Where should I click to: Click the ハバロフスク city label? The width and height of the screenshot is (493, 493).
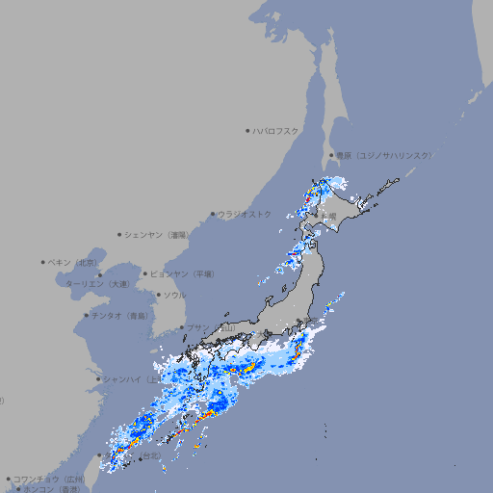pos(275,130)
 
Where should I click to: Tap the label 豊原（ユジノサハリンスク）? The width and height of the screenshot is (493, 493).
pos(383,155)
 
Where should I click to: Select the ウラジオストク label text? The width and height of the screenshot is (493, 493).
pos(245,214)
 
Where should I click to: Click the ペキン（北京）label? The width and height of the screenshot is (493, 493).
pos(73,262)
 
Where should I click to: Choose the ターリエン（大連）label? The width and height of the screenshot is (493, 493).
pos(96,284)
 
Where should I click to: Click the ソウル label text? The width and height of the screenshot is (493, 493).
pos(174,295)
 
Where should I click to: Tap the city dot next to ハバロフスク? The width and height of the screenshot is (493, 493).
pos(247,130)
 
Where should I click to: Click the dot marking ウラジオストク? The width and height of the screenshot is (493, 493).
pos(213,214)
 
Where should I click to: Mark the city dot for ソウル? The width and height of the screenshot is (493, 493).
pos(158,295)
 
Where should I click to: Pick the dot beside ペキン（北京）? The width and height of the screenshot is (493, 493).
pos(43,262)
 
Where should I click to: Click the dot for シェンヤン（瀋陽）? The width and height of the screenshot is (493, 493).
pos(119,234)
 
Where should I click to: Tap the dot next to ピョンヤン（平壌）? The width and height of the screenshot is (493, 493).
pos(146,273)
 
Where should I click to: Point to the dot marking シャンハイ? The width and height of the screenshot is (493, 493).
pos(98,378)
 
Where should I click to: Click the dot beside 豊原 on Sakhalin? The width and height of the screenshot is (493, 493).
pos(331,155)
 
